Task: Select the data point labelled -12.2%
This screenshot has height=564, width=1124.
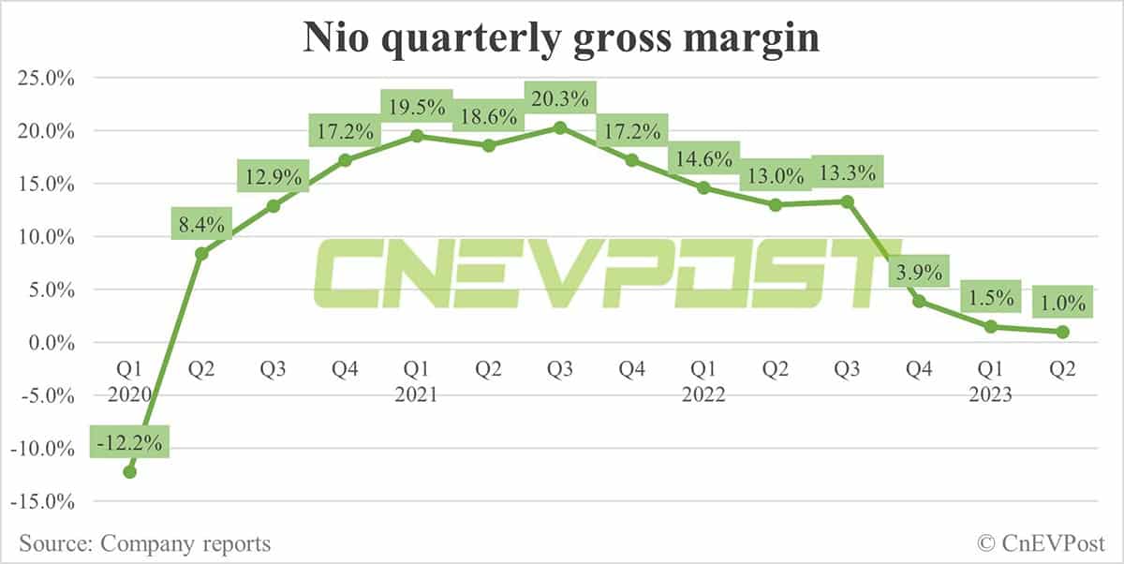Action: tap(129, 471)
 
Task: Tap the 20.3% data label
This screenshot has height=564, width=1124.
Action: tap(560, 96)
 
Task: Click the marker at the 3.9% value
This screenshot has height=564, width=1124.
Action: tap(919, 301)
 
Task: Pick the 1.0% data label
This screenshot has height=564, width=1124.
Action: tap(1062, 304)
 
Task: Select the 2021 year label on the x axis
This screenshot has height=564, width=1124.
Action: tap(416, 395)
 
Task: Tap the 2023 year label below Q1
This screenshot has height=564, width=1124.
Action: tap(990, 395)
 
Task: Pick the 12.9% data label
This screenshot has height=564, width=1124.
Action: tap(273, 175)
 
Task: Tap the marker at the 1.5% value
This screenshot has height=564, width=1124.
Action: tap(991, 326)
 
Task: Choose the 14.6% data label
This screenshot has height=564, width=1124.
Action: tap(703, 158)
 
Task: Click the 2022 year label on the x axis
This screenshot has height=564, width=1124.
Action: tap(703, 395)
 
